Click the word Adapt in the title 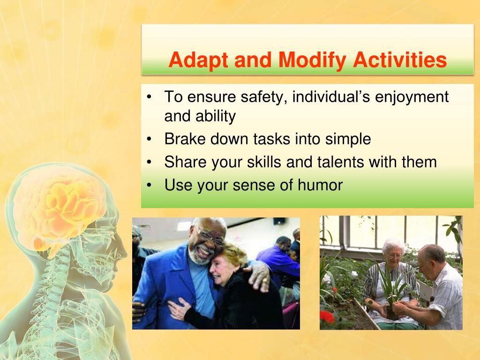click(x=198, y=60)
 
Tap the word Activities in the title click(x=400, y=60)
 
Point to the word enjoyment click(x=412, y=97)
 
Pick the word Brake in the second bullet click(x=185, y=139)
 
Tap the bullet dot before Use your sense click(x=149, y=185)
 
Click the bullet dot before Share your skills click(x=149, y=162)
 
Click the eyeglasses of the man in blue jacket click(x=212, y=237)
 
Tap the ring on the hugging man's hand click(x=264, y=279)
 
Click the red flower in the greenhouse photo click(x=327, y=317)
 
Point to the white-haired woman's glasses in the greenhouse click(x=394, y=255)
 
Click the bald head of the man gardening click(x=432, y=253)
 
